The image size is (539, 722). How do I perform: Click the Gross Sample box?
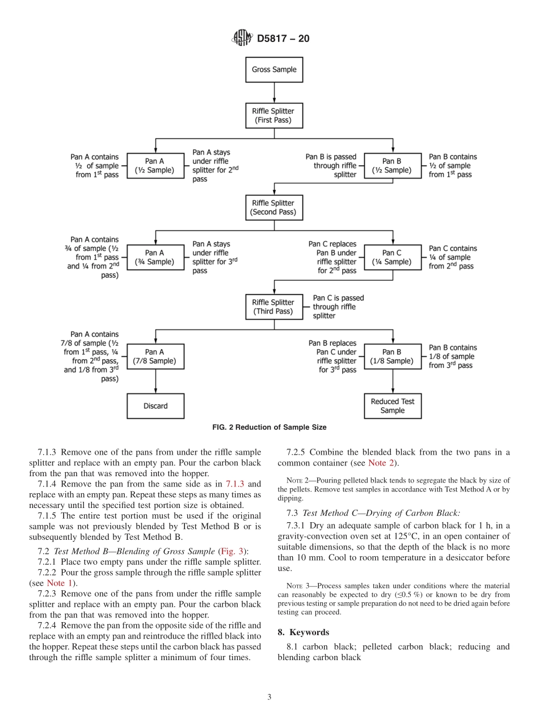pos(274,70)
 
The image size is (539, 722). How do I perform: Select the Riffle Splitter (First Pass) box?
pos(274,116)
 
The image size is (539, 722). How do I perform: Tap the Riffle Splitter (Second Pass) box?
pos(274,208)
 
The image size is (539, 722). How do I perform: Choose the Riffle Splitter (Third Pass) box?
pos(274,307)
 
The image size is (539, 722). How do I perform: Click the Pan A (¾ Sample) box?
pos(155,258)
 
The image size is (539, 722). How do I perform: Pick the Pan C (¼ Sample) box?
pos(392,258)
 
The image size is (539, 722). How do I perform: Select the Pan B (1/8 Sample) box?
pos(392,356)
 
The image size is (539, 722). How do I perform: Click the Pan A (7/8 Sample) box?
pos(155,356)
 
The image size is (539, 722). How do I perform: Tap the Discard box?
pos(155,406)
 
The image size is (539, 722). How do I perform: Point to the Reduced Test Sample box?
pos(392,406)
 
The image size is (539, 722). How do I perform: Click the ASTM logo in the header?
pos(242,39)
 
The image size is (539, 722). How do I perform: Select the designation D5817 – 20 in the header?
pos(283,39)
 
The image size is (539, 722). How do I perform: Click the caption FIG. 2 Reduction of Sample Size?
pos(269,427)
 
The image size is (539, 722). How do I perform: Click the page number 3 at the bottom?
pos(269,697)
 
